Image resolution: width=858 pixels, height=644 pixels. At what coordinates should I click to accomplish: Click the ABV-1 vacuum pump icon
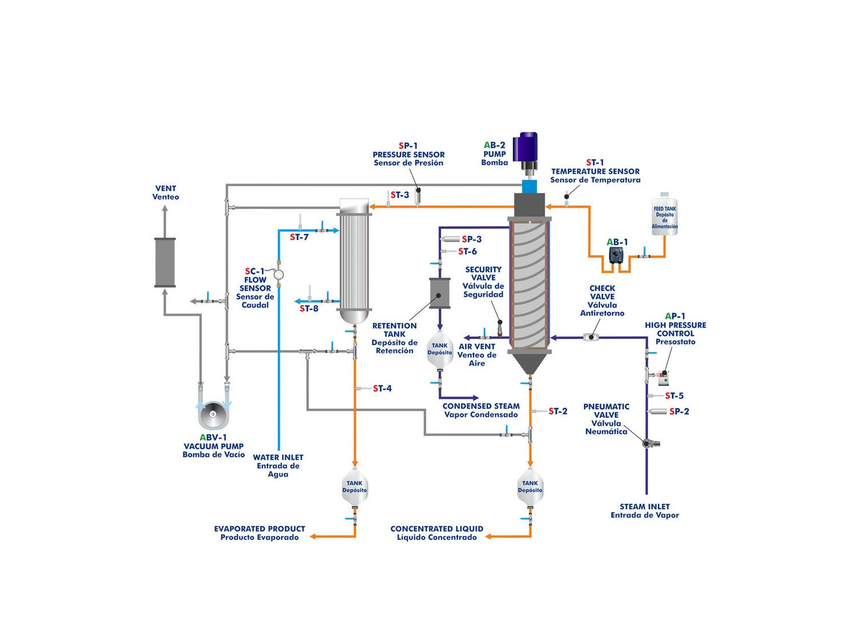coord(213,414)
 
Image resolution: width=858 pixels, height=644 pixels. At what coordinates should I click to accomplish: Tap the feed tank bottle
coord(664,215)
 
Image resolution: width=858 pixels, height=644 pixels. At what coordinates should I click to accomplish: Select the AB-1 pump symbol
coord(617,255)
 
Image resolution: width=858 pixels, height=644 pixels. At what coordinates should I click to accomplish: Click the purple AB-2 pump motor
coord(526,148)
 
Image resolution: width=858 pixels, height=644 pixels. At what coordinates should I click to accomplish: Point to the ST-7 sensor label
coord(299,237)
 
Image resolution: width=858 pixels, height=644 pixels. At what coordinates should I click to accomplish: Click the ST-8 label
coord(309,309)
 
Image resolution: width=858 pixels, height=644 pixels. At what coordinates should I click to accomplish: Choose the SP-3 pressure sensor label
coord(472,239)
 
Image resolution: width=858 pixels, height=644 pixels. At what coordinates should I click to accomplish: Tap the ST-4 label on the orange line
coord(382,389)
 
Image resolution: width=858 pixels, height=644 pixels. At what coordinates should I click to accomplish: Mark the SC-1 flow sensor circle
coord(279,275)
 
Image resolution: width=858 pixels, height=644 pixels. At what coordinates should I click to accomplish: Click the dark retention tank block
coord(439,294)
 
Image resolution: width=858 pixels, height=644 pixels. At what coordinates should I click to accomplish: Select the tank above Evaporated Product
coord(355,488)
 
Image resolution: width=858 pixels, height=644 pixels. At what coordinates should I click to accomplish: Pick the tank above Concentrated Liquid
coord(530,488)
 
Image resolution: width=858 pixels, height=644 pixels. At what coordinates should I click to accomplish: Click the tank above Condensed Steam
coord(439,350)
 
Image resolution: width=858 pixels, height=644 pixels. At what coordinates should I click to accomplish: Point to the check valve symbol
coord(591,337)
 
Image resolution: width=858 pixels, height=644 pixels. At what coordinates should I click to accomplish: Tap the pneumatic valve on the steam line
coord(648,442)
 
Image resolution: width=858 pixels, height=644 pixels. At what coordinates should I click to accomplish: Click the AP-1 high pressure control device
coord(664,377)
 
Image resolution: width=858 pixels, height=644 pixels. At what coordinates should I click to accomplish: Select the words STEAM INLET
coord(645,507)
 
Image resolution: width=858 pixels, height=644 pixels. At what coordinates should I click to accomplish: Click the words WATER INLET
coord(278,457)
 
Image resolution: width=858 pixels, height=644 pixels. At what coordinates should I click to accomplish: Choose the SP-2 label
coord(679,412)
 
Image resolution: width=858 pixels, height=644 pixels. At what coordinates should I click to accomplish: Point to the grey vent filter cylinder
coord(165,262)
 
